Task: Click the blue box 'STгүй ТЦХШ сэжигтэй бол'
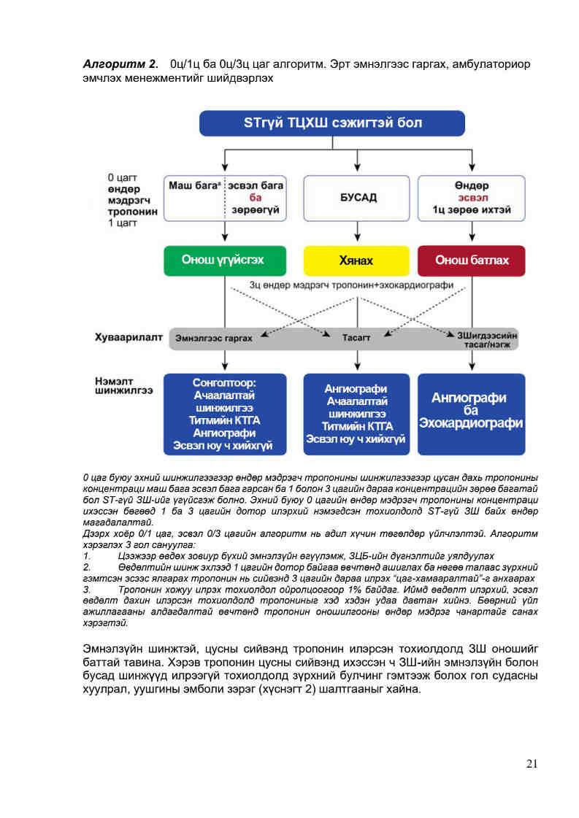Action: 332,123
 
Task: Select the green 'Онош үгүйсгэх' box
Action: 224,261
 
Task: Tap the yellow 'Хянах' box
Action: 356,261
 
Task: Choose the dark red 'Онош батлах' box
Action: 472,261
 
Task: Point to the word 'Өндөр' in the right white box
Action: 472,185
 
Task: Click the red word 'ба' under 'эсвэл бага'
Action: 255,198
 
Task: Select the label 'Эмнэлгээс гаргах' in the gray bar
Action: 214,339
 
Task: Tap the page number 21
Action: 532,764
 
